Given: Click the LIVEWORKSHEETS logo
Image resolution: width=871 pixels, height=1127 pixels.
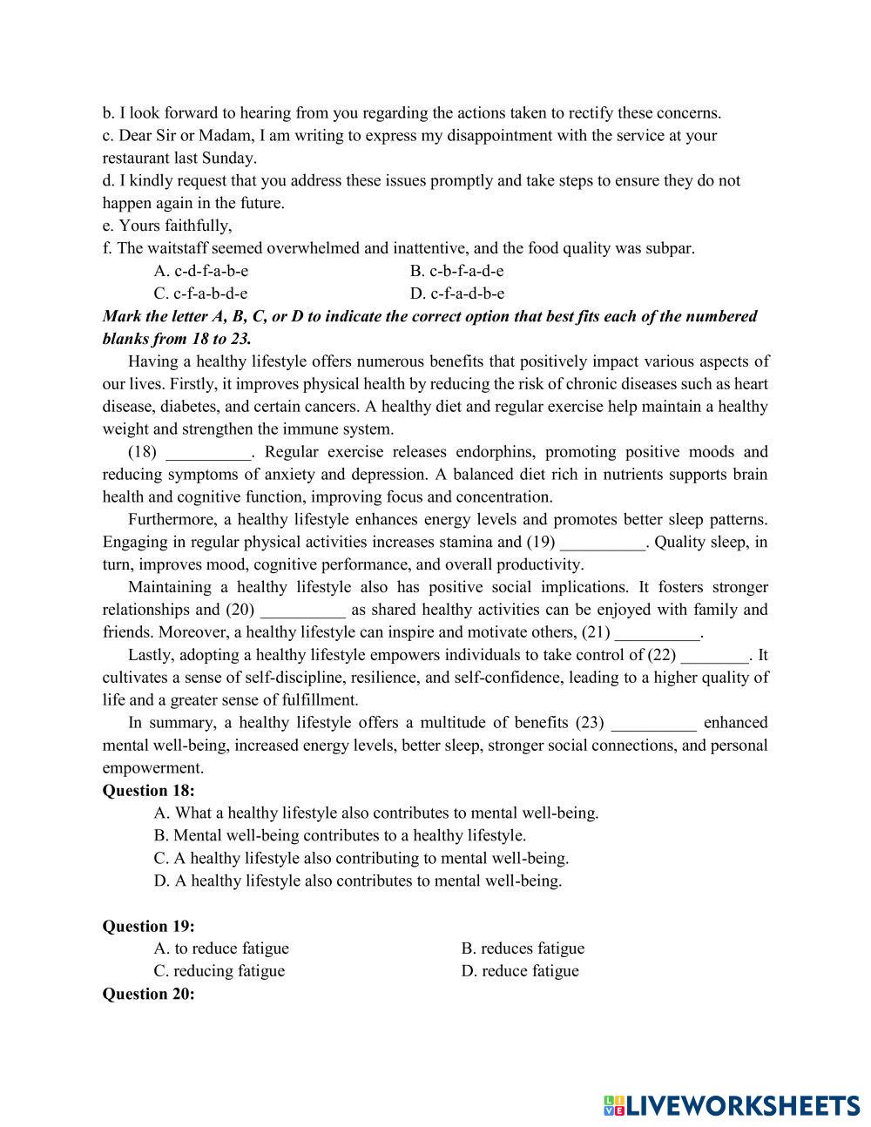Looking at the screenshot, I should point(731,1105).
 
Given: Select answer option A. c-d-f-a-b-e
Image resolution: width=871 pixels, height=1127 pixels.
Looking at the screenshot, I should point(200,271).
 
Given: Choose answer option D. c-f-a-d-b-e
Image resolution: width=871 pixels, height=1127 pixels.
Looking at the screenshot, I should point(457,294).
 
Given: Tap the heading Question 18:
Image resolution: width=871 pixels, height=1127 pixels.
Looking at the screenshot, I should point(148,790).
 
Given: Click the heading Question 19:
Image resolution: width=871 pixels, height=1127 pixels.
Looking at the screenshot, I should point(148,926).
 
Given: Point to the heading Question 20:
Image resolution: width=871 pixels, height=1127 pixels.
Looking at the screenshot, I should point(148,994).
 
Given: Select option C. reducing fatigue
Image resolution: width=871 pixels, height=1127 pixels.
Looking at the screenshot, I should point(219,971).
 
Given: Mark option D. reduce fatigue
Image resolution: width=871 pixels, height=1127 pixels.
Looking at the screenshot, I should point(520,971).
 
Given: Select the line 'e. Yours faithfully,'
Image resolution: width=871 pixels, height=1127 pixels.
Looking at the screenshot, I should point(167,226).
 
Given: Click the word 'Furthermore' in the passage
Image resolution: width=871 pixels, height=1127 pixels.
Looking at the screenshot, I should point(171,520).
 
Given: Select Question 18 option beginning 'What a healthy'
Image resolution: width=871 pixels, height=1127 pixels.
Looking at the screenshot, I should point(376,813).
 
